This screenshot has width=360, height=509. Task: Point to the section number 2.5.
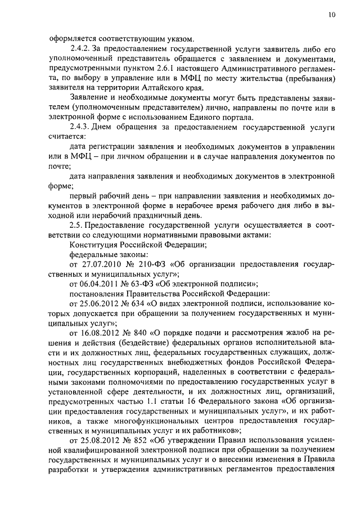click(x=76, y=225)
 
